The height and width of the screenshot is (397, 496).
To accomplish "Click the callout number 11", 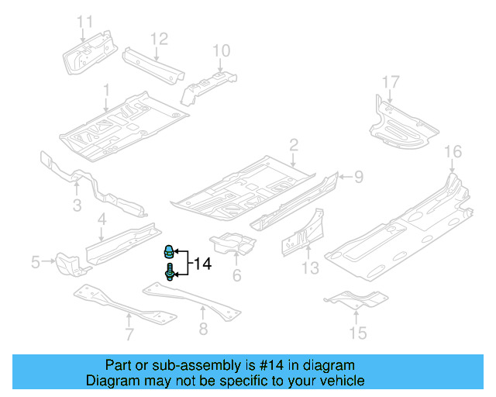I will coord(84,21).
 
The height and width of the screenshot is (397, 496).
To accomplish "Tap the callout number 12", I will coord(159,37).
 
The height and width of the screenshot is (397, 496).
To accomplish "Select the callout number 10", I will coord(222,51).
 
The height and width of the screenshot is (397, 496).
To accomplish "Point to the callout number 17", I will coord(391,81).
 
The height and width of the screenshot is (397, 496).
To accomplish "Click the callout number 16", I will coord(453,151).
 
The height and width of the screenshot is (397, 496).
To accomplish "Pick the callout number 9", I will coord(359,178).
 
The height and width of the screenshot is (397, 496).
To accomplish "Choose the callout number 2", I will coord(294,144).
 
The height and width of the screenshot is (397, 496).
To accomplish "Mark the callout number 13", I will coord(310,268).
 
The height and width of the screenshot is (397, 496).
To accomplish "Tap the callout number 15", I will coord(357,333).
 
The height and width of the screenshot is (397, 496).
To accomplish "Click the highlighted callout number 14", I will coord(201,264).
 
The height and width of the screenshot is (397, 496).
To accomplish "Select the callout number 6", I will coord(237,275).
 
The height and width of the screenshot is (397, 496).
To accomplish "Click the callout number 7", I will coord(129,335).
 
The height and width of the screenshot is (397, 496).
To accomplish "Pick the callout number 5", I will coord(36,263).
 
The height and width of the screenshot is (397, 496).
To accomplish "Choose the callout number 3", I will coord(77,205).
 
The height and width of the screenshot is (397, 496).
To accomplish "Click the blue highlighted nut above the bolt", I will coord(167,251).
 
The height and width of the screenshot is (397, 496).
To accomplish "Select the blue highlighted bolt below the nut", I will coord(168,273).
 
